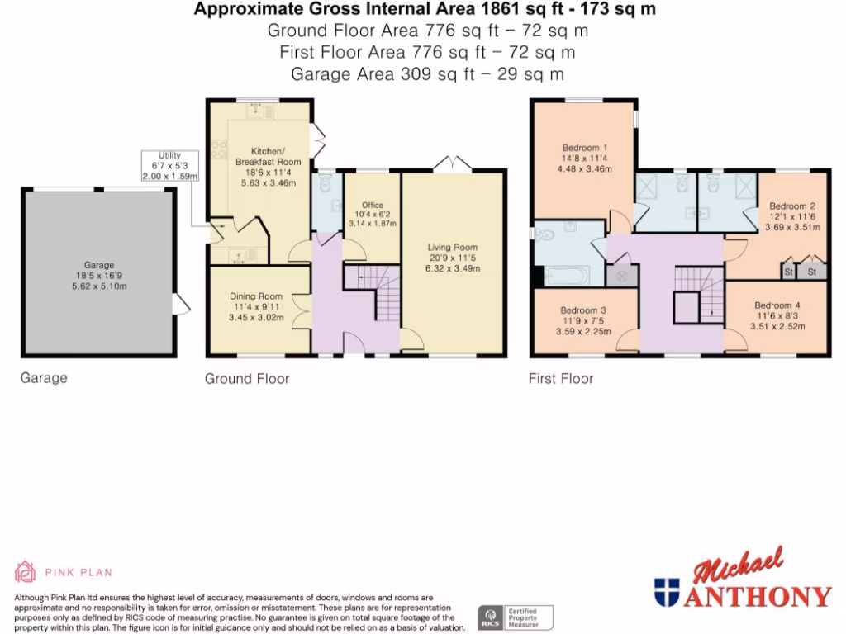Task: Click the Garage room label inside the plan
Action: (x=98, y=265)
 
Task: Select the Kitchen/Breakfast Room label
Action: (x=268, y=157)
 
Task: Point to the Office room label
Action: (x=373, y=205)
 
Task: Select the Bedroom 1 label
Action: (x=580, y=149)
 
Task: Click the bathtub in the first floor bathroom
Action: (x=567, y=275)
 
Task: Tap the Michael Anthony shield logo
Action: (x=666, y=592)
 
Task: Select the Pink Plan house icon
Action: (x=26, y=571)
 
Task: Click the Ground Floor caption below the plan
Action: (x=247, y=379)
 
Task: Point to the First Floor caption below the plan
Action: (x=561, y=379)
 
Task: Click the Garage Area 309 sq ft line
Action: (x=427, y=73)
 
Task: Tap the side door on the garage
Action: (x=182, y=305)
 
